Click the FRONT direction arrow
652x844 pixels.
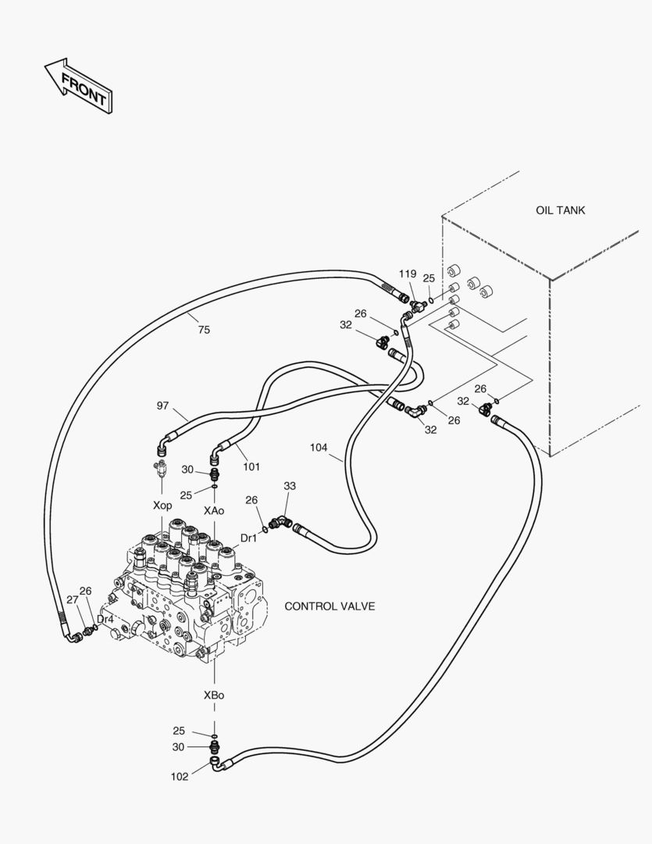[79, 86]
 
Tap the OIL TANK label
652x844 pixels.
[560, 210]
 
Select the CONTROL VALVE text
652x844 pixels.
[330, 606]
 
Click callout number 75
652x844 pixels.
[204, 330]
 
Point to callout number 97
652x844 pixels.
[162, 406]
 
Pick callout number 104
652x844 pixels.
[319, 447]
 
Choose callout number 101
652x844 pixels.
[251, 467]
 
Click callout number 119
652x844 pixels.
[408, 274]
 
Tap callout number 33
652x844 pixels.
[290, 486]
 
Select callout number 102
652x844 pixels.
[180, 776]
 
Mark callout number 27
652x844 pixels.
[73, 599]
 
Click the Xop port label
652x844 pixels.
[162, 506]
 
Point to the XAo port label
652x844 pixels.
[214, 510]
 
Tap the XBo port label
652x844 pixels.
[214, 696]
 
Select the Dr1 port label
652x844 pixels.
[248, 538]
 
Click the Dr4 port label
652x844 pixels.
[105, 620]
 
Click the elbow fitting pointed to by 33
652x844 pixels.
[280, 521]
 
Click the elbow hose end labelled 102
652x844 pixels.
[217, 764]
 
